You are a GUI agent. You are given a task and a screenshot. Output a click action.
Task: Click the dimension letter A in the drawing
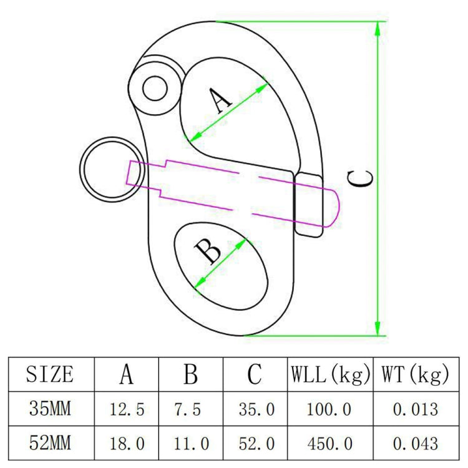[x=220, y=100]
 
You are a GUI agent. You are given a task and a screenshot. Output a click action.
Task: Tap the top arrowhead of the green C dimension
[x=378, y=27]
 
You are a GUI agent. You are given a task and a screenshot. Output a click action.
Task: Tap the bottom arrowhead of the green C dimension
[x=378, y=328]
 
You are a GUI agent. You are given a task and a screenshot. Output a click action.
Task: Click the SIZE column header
[x=50, y=374]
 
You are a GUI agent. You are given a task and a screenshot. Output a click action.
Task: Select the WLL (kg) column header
[x=329, y=374]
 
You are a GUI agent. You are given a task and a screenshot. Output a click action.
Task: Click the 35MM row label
[x=50, y=409]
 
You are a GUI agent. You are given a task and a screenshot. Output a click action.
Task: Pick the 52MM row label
[x=50, y=443]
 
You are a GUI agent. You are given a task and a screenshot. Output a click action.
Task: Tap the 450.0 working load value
[x=329, y=444]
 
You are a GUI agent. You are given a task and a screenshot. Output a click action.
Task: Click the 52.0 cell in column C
[x=256, y=444]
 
